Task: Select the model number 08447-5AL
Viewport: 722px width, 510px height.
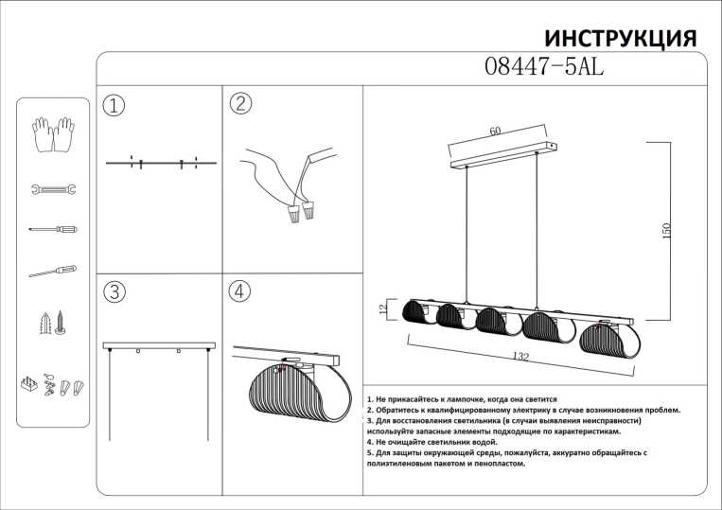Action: click(543, 67)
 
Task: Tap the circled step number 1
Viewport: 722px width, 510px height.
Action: click(114, 105)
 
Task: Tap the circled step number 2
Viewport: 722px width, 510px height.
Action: click(239, 104)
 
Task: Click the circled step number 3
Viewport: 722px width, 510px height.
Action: click(114, 292)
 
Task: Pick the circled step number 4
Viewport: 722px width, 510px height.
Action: click(239, 291)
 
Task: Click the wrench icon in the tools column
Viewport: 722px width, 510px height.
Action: click(53, 189)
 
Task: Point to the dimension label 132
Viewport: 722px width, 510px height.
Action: click(518, 357)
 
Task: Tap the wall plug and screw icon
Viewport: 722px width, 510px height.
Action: click(53, 324)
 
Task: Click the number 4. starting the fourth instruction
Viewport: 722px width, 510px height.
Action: click(369, 442)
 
